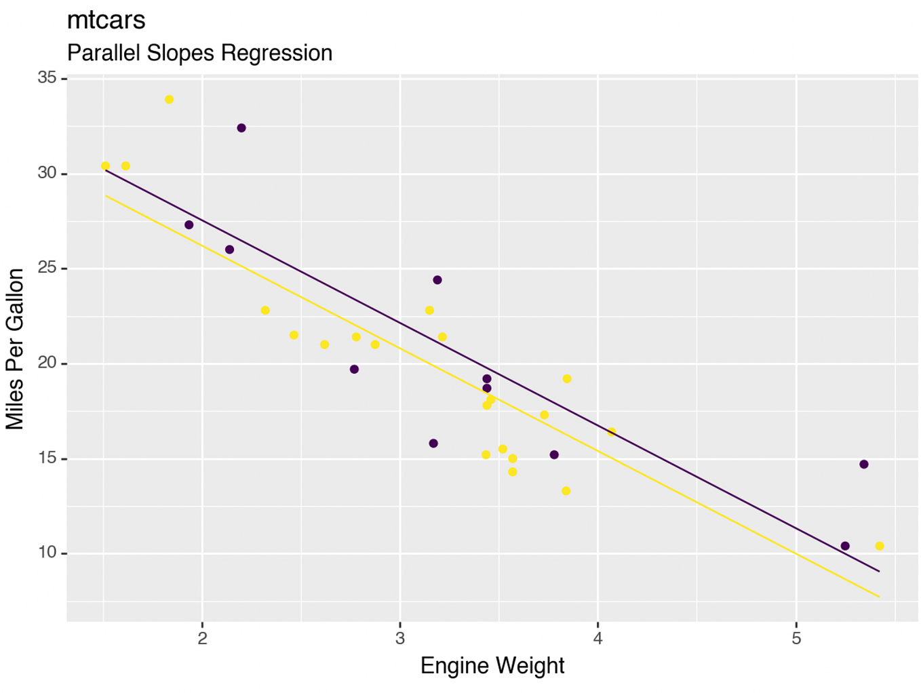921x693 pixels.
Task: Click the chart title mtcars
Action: (106, 20)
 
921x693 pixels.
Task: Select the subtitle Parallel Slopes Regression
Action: (199, 53)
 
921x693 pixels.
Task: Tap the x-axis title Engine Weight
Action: (492, 665)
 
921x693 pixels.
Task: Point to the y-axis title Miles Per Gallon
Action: (15, 349)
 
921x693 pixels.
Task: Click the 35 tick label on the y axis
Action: (47, 78)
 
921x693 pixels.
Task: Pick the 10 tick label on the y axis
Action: (47, 553)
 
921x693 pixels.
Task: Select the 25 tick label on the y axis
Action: (47, 269)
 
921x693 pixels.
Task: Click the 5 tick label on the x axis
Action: (796, 638)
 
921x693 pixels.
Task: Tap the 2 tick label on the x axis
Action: (202, 638)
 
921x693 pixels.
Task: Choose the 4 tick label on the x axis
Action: (597, 638)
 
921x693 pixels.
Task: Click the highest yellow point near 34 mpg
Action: (170, 100)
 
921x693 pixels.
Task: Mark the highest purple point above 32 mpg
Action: (241, 128)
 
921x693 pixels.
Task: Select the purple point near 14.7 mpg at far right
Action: (864, 464)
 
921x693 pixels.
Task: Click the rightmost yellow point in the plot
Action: (880, 546)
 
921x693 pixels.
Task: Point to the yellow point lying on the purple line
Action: (612, 432)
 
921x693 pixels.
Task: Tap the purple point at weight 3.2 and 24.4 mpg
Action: (437, 280)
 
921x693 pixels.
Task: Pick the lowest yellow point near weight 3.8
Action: (566, 491)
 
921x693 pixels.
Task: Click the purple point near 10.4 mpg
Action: (845, 546)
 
